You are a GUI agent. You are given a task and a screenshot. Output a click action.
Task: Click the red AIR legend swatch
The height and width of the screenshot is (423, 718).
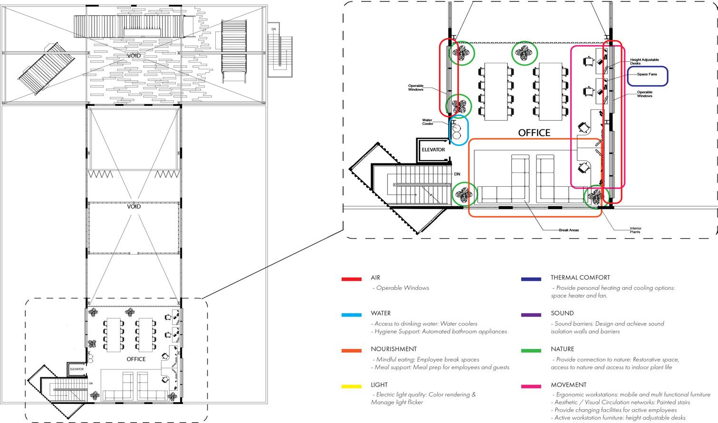click(351, 279)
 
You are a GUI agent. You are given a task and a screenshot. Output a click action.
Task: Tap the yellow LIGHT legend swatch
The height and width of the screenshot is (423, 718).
click(351, 386)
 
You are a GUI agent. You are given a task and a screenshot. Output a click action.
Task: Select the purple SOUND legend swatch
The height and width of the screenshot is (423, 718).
click(531, 315)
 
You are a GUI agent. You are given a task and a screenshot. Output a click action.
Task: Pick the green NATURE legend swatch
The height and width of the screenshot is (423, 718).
click(531, 351)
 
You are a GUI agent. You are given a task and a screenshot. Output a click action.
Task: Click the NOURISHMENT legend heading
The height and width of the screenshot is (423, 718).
click(393, 349)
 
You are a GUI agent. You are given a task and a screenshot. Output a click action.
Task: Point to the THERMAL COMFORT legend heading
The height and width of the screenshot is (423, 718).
click(580, 278)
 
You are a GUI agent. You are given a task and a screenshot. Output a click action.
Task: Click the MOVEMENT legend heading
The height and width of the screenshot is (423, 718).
click(568, 385)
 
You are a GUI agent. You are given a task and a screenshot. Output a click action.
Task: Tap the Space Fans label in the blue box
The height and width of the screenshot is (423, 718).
click(647, 75)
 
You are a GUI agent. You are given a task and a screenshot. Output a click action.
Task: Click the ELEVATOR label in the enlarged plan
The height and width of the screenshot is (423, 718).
click(433, 150)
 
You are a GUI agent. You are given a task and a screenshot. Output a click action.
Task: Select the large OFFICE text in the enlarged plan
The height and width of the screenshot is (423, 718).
click(534, 133)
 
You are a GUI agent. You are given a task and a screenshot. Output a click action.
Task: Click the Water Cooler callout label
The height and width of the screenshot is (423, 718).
click(428, 122)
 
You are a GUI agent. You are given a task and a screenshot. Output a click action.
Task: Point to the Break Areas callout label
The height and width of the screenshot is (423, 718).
click(568, 230)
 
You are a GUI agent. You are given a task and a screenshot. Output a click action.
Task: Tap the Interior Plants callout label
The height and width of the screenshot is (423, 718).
click(635, 230)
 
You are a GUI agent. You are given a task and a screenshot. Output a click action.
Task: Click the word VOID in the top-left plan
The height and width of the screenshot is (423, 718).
click(134, 56)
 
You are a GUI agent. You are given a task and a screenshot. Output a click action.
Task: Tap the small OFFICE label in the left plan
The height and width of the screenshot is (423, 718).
click(136, 359)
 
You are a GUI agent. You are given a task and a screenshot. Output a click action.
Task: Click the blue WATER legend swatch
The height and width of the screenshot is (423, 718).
click(351, 315)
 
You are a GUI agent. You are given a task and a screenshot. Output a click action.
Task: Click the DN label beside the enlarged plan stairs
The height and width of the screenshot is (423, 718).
click(457, 174)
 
